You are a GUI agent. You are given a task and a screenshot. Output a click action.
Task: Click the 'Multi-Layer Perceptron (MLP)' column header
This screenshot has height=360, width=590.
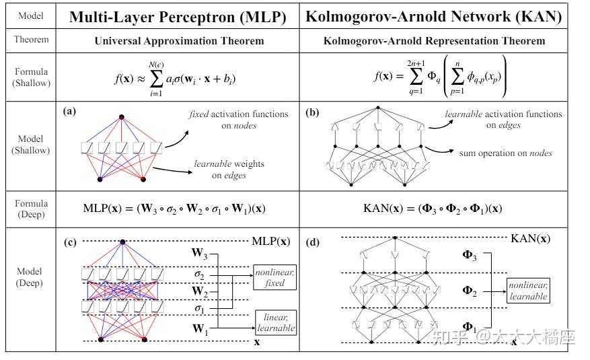(x=178, y=17)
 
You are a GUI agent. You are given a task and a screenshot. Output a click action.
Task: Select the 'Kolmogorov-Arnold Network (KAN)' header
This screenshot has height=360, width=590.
(x=433, y=17)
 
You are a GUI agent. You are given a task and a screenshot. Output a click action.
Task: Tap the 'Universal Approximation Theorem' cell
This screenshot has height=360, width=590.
(x=179, y=41)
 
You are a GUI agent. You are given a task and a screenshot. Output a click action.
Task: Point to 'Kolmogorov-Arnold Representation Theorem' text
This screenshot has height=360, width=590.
(x=434, y=41)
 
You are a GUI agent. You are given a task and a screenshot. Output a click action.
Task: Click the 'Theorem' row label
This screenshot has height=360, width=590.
(x=31, y=40)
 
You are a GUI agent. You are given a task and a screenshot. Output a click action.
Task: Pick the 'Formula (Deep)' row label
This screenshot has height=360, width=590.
(x=31, y=209)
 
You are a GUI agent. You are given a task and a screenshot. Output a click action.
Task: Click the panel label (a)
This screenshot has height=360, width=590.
(x=69, y=111)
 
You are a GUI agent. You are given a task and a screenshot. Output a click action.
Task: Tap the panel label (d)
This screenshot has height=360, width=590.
(x=312, y=242)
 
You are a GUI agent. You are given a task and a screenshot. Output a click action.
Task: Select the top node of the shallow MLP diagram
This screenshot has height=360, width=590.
(x=122, y=117)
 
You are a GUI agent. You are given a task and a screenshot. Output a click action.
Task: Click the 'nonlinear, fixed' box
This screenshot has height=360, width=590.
(x=274, y=278)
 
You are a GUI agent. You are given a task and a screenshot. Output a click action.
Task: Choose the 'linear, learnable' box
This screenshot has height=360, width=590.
(x=276, y=323)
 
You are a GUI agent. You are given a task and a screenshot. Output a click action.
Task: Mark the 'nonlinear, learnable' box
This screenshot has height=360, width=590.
(x=528, y=291)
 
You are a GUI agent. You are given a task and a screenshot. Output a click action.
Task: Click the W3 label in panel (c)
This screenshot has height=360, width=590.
(x=199, y=253)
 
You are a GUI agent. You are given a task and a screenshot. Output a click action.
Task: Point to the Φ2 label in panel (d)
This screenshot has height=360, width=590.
(x=469, y=291)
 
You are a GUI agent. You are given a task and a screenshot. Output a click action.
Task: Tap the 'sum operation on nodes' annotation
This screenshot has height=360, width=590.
(x=506, y=153)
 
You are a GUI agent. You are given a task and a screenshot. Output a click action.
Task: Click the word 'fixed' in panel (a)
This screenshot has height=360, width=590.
(x=199, y=114)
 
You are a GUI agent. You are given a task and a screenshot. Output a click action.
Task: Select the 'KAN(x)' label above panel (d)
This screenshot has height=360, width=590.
(x=530, y=238)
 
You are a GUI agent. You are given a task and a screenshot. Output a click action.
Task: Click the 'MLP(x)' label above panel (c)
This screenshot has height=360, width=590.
(x=271, y=241)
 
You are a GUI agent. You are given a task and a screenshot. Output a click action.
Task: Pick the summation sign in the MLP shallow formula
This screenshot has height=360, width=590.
(x=156, y=79)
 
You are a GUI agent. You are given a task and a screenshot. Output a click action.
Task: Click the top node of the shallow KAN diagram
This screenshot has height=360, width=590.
(x=378, y=108)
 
